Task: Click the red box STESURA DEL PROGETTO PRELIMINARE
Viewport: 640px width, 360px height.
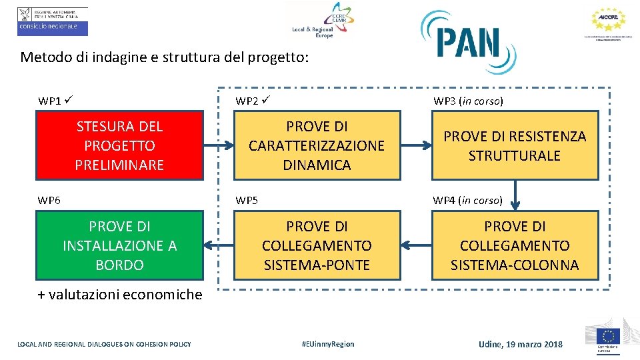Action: [x=119, y=145]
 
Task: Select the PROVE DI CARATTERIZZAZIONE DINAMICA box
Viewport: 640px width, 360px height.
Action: [x=317, y=145]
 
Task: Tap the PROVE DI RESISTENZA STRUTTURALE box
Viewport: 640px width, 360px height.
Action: [x=515, y=145]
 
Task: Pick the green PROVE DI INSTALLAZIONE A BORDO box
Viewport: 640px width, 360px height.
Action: [x=119, y=245]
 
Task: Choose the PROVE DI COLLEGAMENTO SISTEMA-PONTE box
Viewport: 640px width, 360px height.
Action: [x=317, y=245]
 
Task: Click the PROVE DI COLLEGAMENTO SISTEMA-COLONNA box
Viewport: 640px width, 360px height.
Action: [x=515, y=245]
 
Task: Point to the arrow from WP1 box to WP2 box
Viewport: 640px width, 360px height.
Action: [x=218, y=143]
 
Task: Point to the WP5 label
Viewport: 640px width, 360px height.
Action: [x=247, y=200]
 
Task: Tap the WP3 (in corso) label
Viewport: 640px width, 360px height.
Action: [x=468, y=101]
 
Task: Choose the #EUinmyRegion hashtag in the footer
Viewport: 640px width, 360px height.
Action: [x=327, y=344]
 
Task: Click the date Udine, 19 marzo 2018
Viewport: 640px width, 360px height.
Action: [x=520, y=344]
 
